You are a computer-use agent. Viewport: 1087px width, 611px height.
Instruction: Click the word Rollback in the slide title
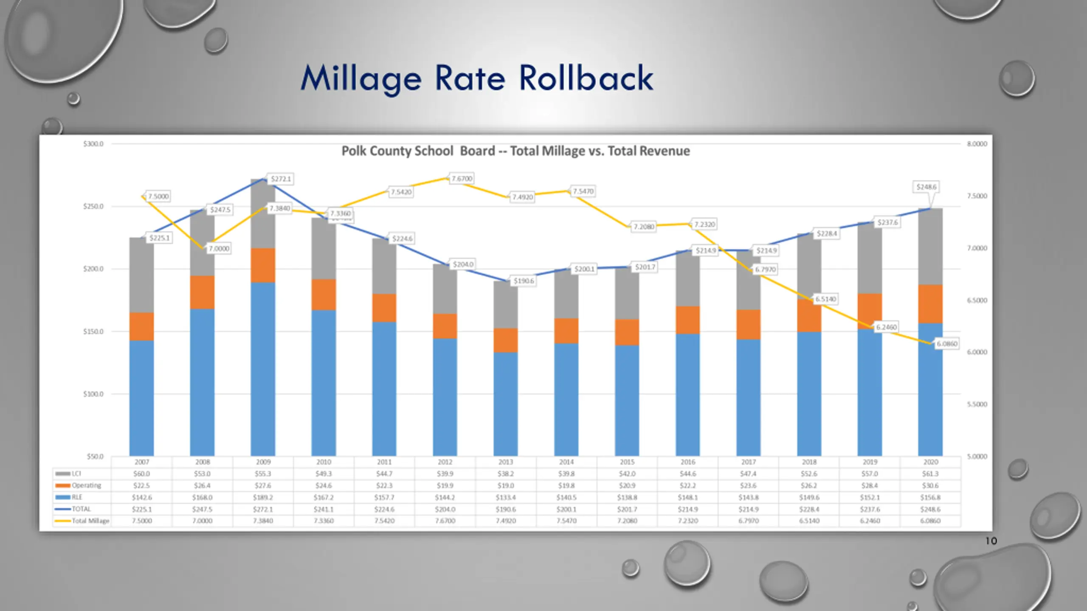[x=586, y=78]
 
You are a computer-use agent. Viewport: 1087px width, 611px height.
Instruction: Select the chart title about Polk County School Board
[x=515, y=151]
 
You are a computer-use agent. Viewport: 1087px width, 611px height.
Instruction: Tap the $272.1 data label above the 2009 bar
[x=281, y=179]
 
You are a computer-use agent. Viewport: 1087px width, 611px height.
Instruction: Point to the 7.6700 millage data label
[x=462, y=179]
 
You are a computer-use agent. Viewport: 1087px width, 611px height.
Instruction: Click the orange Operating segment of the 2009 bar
[x=263, y=265]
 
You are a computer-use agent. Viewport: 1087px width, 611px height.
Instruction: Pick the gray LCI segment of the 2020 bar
[x=930, y=246]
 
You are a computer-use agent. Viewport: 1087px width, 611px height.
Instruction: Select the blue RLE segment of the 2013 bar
[x=505, y=403]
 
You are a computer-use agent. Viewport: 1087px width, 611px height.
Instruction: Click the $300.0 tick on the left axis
[x=93, y=144]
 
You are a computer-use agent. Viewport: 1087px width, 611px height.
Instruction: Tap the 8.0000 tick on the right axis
[x=977, y=144]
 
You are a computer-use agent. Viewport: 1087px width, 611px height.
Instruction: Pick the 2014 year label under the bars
[x=566, y=462]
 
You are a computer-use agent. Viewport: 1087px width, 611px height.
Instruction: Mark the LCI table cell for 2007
[x=142, y=474]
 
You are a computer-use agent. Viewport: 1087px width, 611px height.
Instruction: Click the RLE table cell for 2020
[x=930, y=497]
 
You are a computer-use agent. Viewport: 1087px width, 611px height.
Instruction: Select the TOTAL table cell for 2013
[x=506, y=509]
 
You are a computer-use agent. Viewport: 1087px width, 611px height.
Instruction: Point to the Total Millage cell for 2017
[x=749, y=521]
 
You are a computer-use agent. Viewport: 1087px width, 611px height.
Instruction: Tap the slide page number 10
[x=991, y=541]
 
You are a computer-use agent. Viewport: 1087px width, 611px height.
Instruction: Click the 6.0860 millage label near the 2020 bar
[x=947, y=344]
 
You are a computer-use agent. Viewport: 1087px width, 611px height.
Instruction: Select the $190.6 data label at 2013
[x=524, y=281]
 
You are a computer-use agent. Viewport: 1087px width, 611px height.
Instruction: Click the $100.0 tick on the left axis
[x=93, y=394]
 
